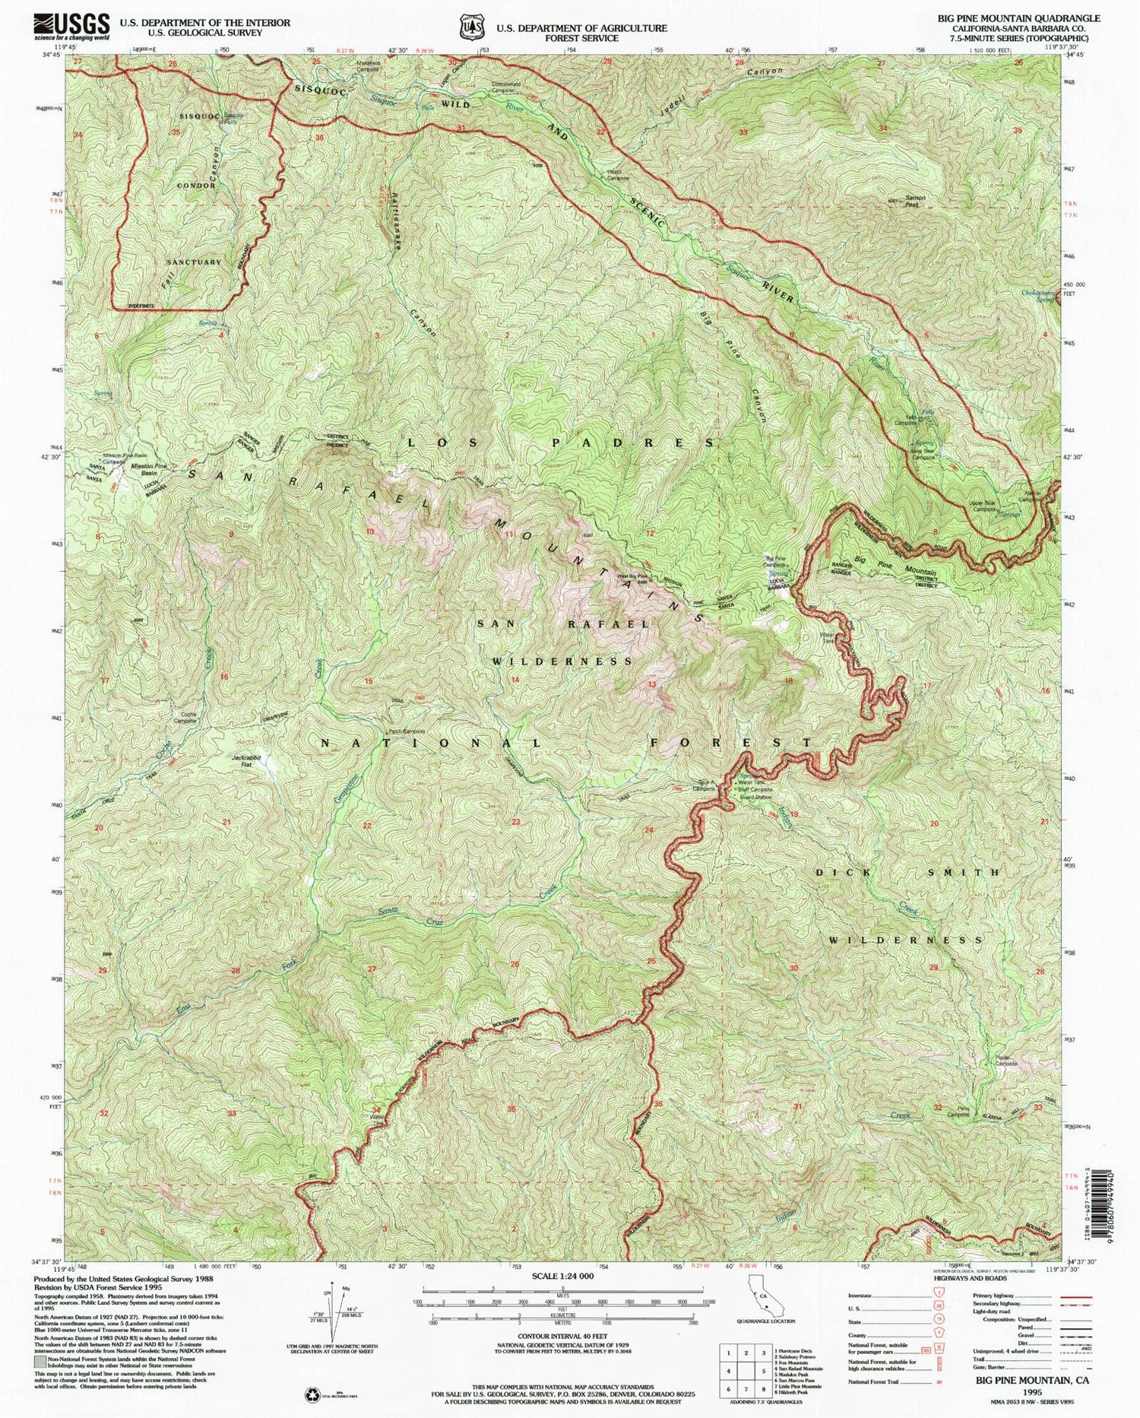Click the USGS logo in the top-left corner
click(x=72, y=27)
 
